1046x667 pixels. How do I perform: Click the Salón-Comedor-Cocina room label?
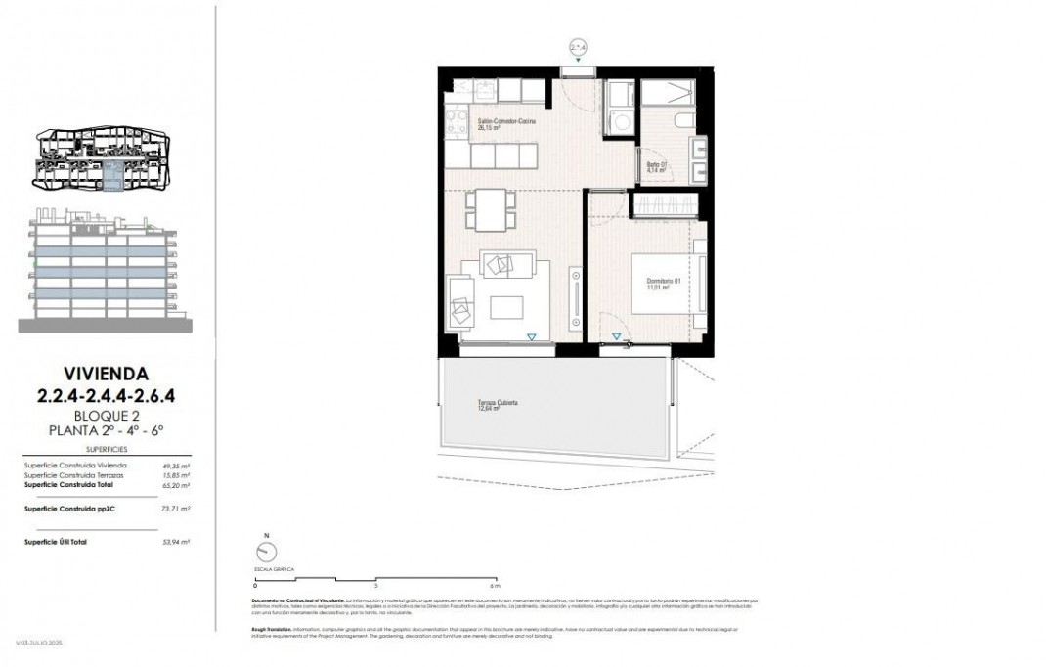(506, 122)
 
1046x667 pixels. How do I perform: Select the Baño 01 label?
(656, 167)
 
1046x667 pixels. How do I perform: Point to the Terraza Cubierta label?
(498, 405)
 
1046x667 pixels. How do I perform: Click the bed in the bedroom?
(666, 283)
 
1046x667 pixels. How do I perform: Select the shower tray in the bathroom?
(667, 93)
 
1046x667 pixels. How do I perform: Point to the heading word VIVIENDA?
(106, 373)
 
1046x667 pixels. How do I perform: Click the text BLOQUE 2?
(107, 414)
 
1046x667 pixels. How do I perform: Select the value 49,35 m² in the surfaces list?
(176, 467)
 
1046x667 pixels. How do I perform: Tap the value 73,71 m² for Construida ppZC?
(176, 510)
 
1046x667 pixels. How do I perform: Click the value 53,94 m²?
(176, 541)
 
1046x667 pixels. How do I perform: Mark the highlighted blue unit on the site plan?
(114, 177)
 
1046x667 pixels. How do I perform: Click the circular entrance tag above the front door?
(579, 46)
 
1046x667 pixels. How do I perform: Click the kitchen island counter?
(506, 156)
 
